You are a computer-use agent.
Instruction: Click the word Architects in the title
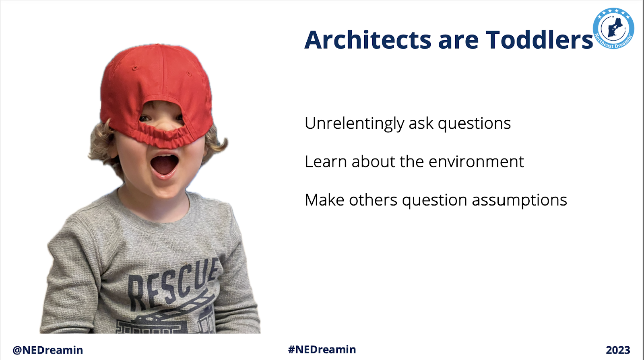click(x=368, y=40)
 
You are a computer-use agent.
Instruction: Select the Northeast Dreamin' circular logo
click(x=613, y=28)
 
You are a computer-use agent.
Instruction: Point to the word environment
click(x=476, y=161)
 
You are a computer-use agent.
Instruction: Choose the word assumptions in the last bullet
click(x=519, y=201)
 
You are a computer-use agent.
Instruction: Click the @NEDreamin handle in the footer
click(x=48, y=350)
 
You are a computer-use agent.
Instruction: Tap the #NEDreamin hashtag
click(x=322, y=350)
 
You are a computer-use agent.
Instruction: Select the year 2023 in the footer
click(x=618, y=350)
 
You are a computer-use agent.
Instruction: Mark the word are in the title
click(x=458, y=42)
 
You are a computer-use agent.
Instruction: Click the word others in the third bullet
click(x=373, y=200)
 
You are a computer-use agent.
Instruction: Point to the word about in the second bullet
click(x=373, y=161)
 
